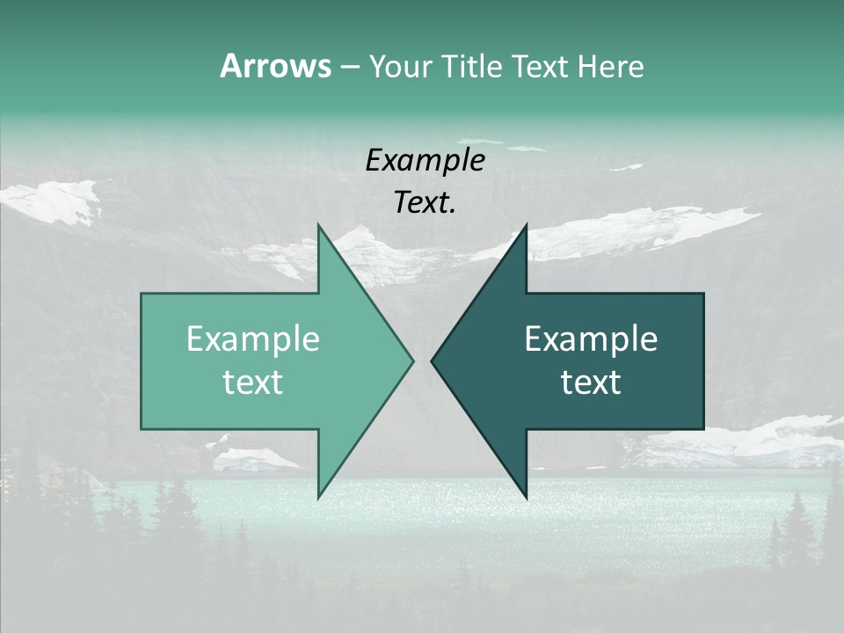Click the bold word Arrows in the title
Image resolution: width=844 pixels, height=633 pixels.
(274, 66)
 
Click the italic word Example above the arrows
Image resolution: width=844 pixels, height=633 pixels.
(425, 160)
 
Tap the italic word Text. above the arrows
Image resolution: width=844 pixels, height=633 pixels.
(425, 203)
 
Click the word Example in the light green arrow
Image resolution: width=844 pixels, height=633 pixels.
(253, 339)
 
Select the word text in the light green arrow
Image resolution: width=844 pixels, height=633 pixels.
(253, 382)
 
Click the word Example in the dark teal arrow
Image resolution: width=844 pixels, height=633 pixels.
(591, 339)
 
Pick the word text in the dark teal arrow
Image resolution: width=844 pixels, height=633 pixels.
(591, 382)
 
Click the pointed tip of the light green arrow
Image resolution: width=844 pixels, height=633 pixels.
(412, 360)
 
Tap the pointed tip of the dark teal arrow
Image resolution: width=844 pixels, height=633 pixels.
(432, 360)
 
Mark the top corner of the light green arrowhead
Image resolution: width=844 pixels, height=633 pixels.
(318, 225)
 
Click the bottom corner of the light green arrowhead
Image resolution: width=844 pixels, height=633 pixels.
(318, 498)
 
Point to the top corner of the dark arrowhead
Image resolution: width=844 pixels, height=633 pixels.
(526, 225)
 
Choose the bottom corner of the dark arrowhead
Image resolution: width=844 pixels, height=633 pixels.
(526, 498)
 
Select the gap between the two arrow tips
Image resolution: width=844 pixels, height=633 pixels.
(422, 360)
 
